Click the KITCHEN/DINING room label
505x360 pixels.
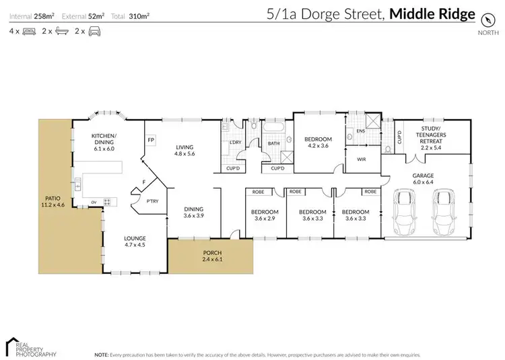[104, 142]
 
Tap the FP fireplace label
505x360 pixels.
[151, 140]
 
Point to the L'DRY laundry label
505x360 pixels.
[235, 142]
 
